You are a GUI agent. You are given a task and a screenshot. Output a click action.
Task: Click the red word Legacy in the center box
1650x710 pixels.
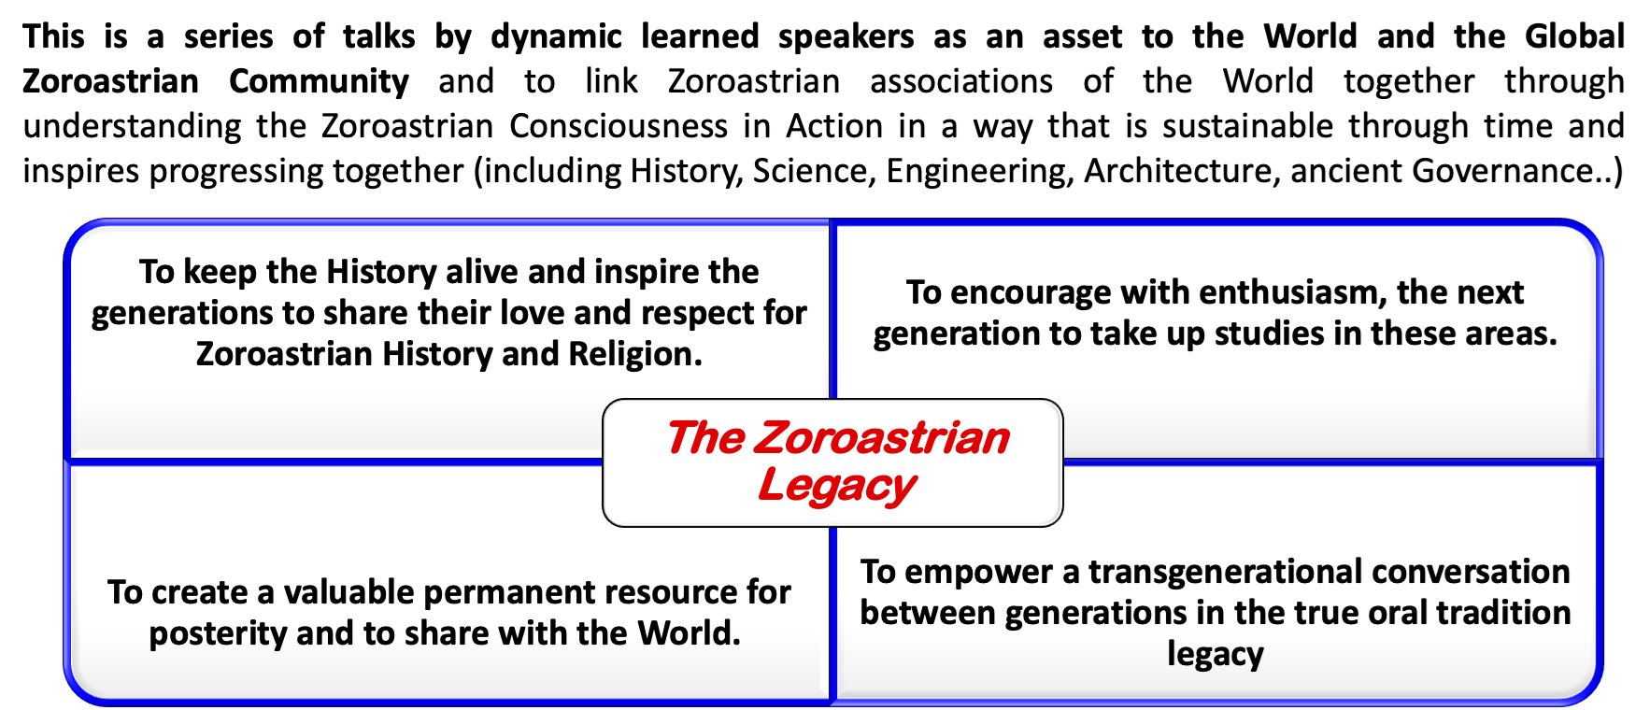coord(836,486)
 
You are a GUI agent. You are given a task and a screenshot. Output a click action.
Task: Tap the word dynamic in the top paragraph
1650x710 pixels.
coord(556,36)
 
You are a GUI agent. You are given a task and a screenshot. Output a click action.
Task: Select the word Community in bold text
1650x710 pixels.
coord(319,81)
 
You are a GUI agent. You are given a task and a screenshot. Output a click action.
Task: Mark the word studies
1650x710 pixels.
coord(1267,334)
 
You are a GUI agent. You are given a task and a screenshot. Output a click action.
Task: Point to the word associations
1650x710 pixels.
coord(961,81)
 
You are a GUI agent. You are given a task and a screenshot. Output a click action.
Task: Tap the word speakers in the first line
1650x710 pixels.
coord(846,37)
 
